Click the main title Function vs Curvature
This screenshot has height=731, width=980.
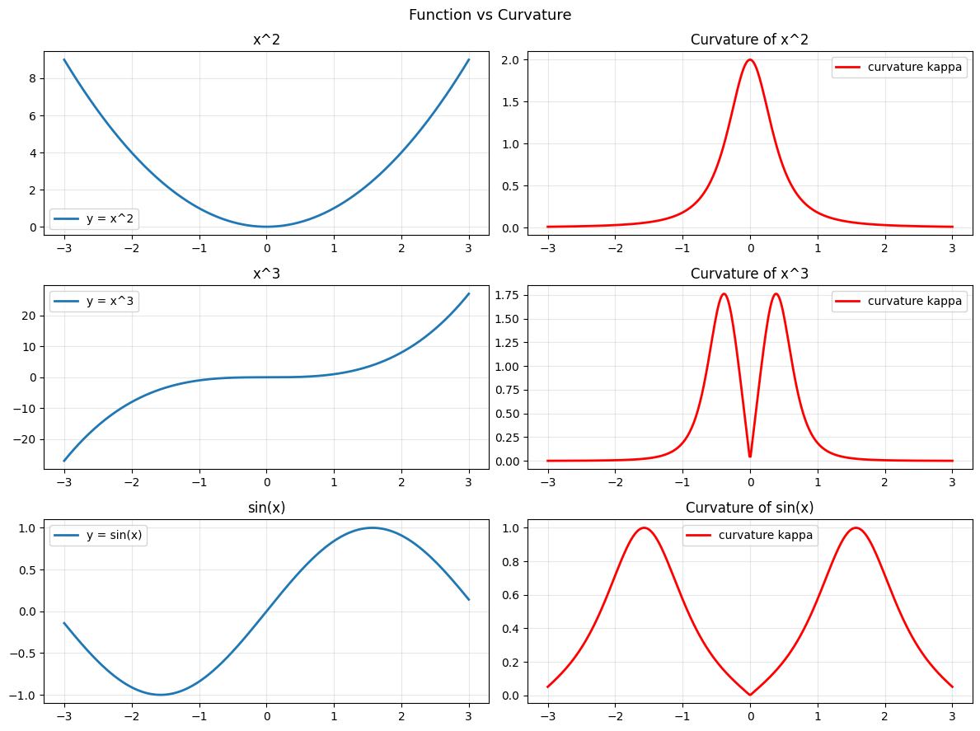(x=490, y=15)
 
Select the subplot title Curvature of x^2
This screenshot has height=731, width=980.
(x=749, y=40)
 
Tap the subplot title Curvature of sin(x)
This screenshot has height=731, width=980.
(x=749, y=508)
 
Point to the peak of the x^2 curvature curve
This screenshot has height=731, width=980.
(x=750, y=59)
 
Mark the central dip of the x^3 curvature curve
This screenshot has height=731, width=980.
(x=750, y=456)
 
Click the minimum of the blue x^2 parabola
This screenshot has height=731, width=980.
(x=266, y=227)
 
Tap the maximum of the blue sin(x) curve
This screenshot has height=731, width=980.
(x=372, y=527)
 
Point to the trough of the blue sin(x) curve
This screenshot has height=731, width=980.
(x=161, y=695)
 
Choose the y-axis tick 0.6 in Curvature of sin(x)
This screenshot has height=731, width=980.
(x=511, y=595)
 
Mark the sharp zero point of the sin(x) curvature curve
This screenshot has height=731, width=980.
(x=750, y=695)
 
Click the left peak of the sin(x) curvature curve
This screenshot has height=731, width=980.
(x=644, y=527)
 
